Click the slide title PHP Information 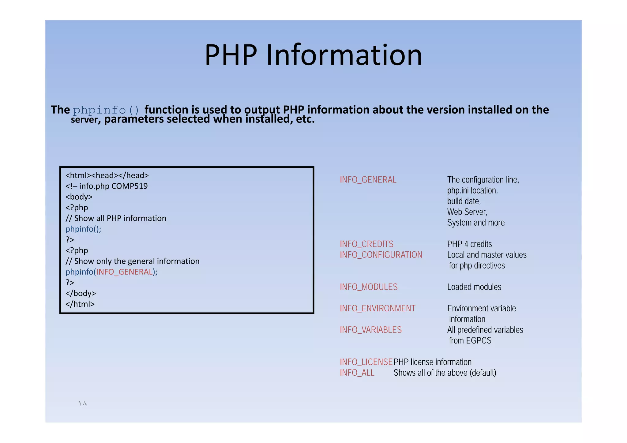(313, 55)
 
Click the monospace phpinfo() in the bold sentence (106, 110)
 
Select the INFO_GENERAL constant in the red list (368, 180)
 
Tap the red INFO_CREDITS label (366, 244)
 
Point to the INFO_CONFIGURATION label (381, 255)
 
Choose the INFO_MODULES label (369, 287)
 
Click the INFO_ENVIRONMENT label (377, 308)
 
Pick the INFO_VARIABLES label (370, 330)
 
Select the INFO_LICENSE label (366, 362)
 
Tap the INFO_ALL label (357, 373)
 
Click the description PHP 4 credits (469, 244)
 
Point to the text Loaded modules (474, 287)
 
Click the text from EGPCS (470, 340)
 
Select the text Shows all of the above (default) (445, 373)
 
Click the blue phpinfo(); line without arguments (83, 229)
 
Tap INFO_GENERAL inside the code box (124, 272)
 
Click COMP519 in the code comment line (130, 186)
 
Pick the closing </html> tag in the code (80, 304)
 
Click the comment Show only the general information (137, 261)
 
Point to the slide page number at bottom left (83, 404)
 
